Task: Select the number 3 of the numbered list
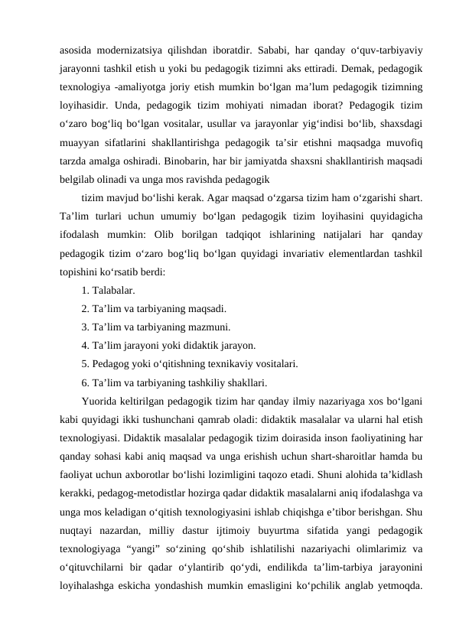(83, 327)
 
